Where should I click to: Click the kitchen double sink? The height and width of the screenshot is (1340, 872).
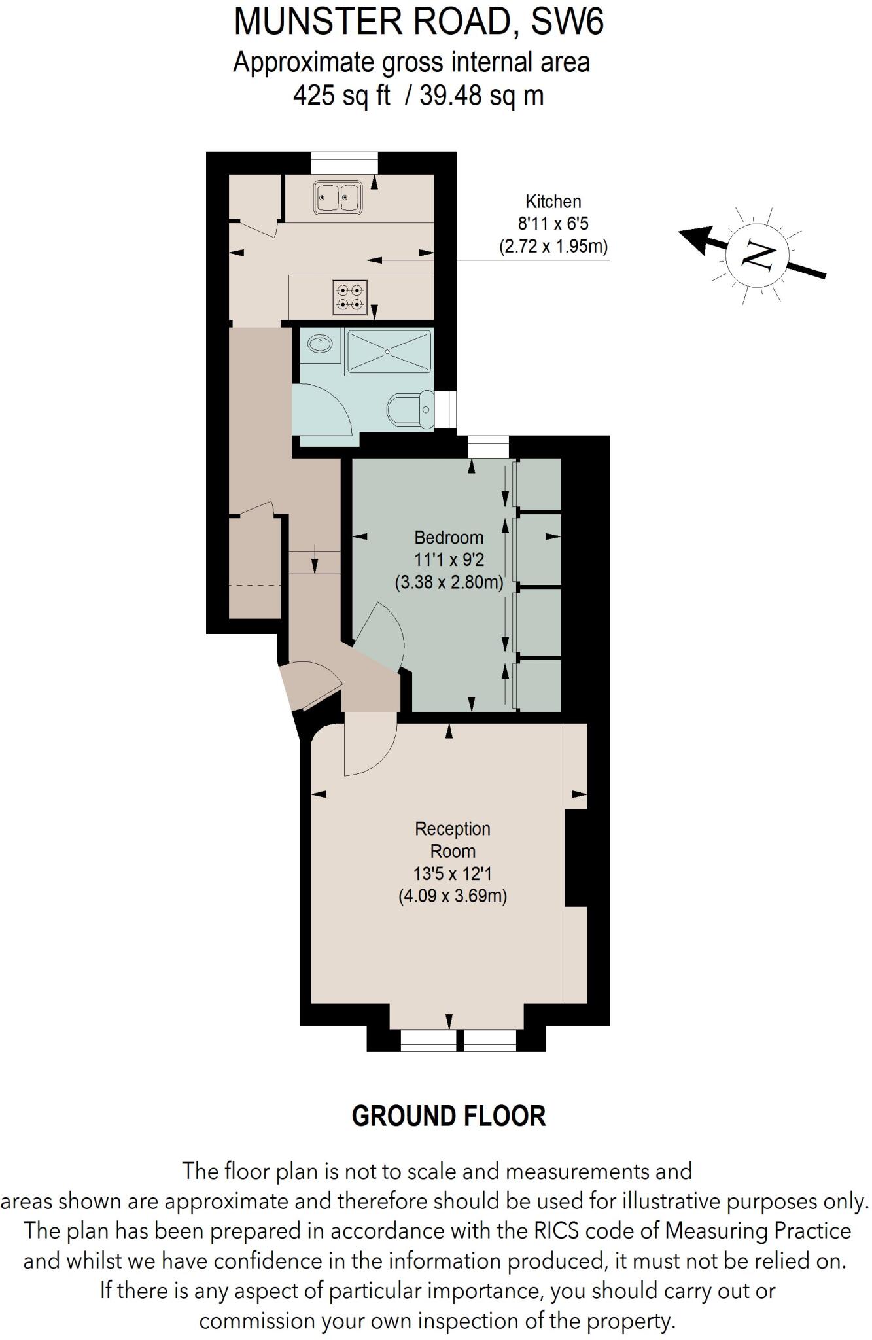pyautogui.click(x=338, y=197)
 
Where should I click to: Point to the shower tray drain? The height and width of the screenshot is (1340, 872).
pyautogui.click(x=388, y=352)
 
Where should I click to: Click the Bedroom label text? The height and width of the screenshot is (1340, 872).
pyautogui.click(x=449, y=538)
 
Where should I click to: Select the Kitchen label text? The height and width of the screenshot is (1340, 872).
pyautogui.click(x=553, y=202)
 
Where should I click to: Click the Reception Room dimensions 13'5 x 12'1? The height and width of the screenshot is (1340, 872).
pyautogui.click(x=452, y=873)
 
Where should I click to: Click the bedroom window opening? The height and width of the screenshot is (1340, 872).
pyautogui.click(x=488, y=448)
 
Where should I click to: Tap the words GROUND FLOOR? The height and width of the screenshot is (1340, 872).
pyautogui.click(x=448, y=1116)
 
